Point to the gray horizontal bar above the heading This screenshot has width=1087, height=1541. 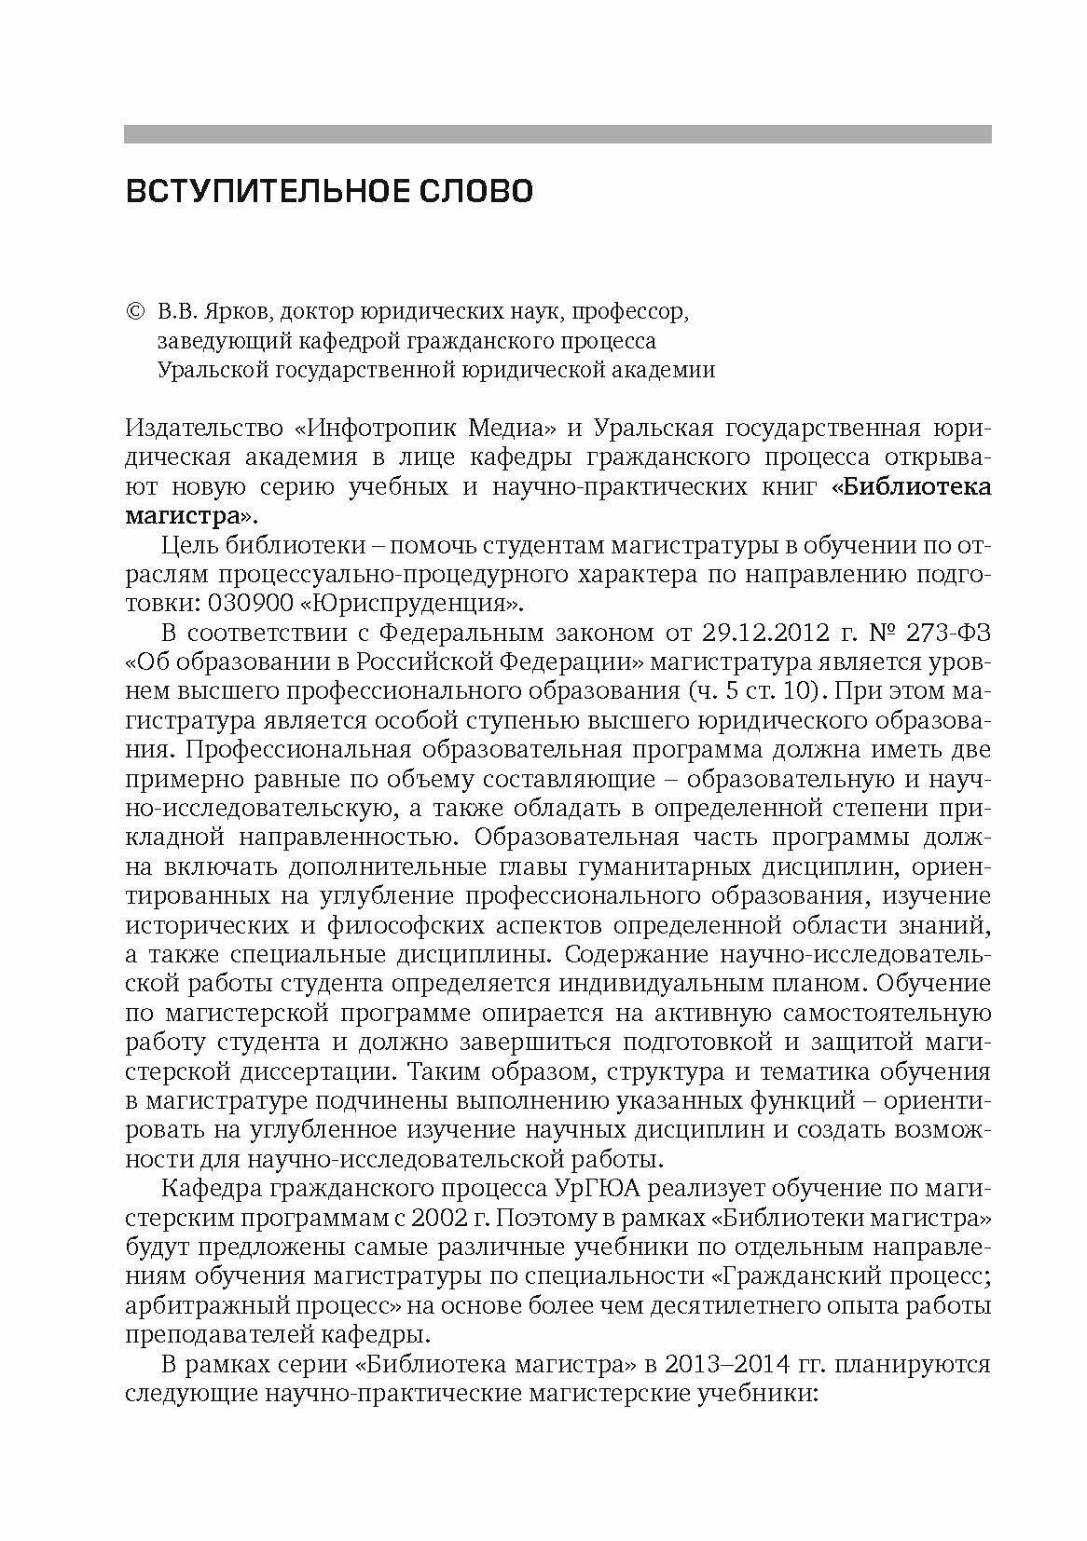557,134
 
